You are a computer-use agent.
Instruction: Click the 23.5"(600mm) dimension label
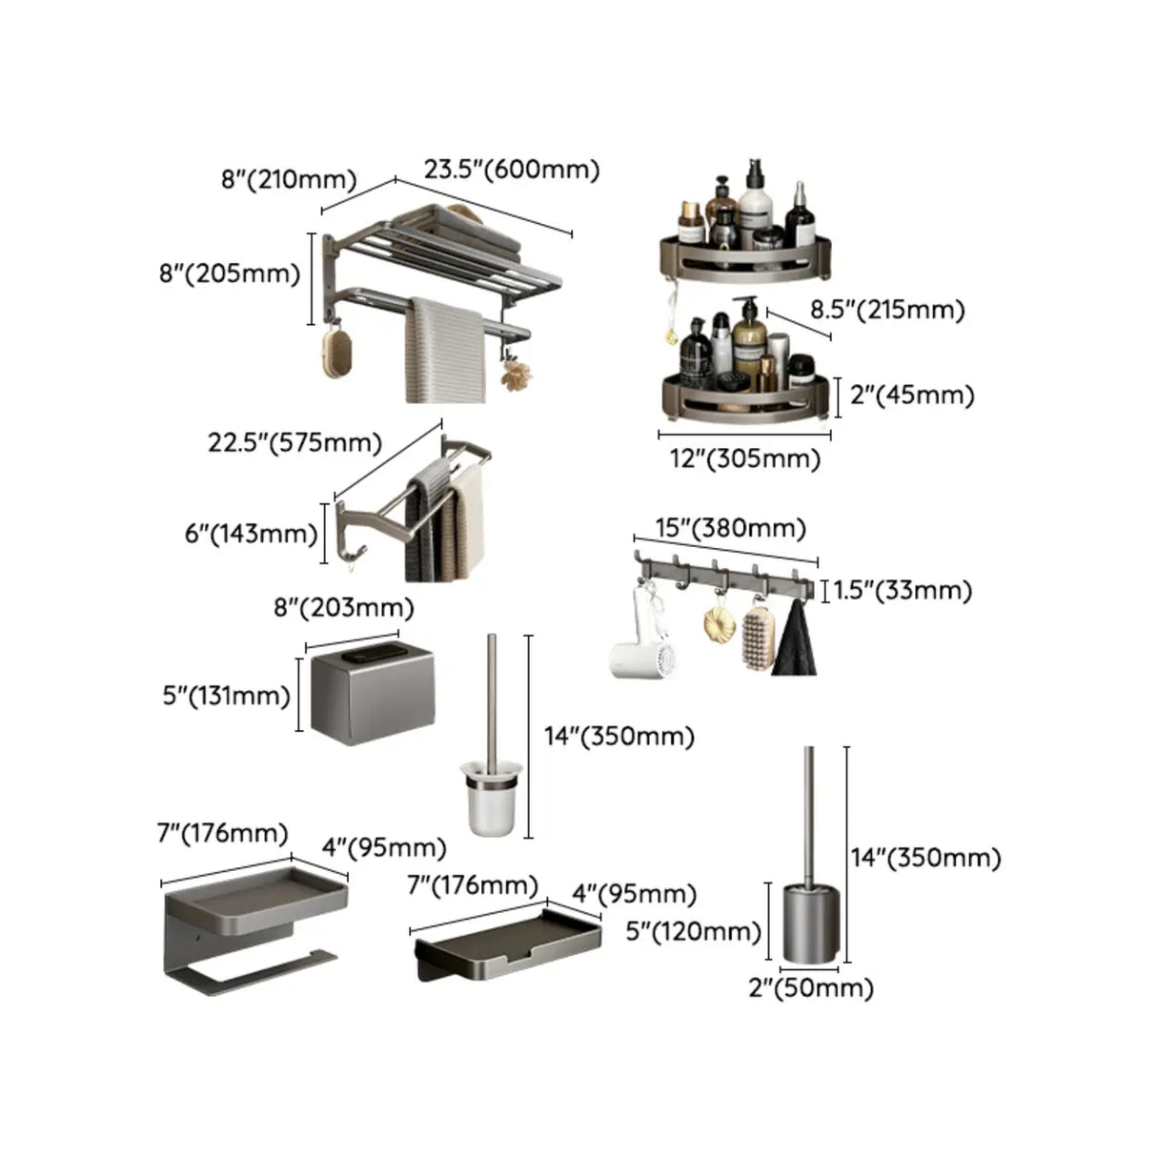(x=512, y=170)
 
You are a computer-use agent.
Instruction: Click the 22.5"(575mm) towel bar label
(x=295, y=443)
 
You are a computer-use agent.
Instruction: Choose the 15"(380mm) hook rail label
(x=731, y=528)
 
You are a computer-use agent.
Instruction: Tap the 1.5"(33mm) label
(x=903, y=590)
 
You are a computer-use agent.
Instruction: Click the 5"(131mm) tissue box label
(x=226, y=696)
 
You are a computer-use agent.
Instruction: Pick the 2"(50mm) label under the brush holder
(x=811, y=988)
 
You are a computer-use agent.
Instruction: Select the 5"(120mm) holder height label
(x=693, y=931)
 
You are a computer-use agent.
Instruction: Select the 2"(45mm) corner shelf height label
(x=911, y=395)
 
